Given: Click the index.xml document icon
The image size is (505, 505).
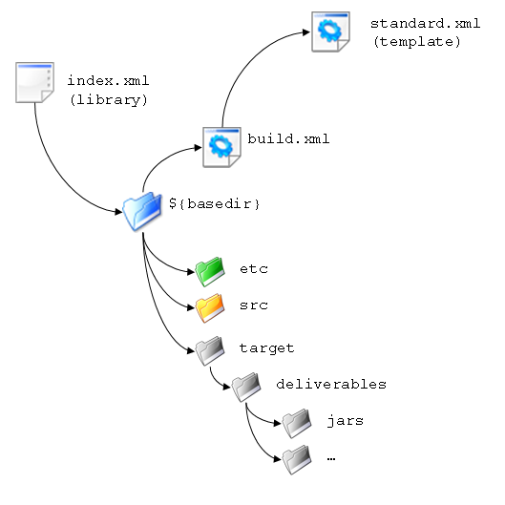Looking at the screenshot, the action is tap(34, 83).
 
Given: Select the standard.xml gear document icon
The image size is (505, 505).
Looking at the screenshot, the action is tap(330, 32).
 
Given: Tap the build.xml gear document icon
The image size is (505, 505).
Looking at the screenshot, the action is tap(221, 147).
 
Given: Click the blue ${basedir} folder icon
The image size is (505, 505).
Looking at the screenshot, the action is tap(142, 211).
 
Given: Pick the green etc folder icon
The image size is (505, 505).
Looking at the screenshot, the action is tap(210, 271).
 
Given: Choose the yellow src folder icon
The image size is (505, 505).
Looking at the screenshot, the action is tap(210, 308).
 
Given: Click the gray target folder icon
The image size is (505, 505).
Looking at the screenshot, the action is tap(210, 350).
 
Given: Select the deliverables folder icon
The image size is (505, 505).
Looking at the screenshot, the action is tap(246, 387).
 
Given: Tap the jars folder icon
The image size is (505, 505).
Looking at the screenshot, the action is tap(297, 423).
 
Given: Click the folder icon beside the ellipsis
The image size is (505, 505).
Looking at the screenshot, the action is tap(297, 459).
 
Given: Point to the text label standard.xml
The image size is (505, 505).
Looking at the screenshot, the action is tap(425, 23).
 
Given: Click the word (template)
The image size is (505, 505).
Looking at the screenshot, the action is tap(417, 42).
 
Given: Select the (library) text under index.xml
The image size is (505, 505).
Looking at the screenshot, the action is tap(109, 99).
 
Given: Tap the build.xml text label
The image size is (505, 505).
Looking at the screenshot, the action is tap(288, 138).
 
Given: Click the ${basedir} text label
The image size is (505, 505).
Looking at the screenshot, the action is tap(214, 204).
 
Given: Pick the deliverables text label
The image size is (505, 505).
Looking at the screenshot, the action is tap(331, 384).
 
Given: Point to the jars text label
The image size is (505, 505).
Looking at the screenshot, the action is tap(346, 421).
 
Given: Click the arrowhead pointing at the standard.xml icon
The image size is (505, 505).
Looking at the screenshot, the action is tap(306, 32).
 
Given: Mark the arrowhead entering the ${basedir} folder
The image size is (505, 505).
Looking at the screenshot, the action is tap(118, 212).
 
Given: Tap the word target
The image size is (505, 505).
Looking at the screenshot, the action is tap(266, 348).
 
